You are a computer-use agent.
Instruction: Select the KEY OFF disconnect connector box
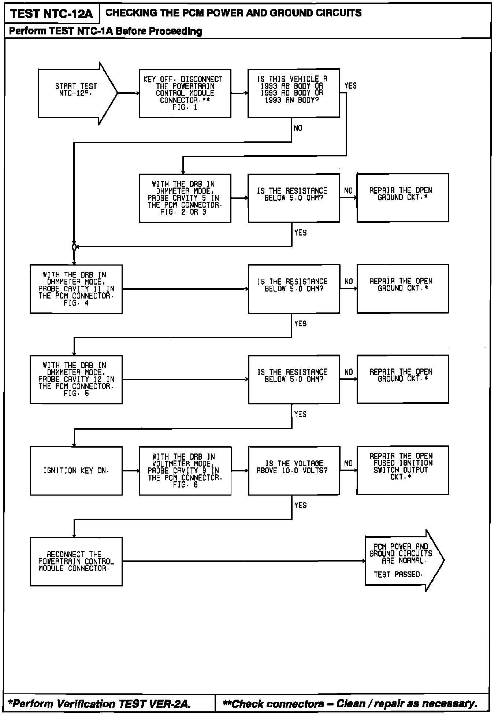tap(185, 93)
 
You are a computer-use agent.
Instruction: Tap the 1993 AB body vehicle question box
tap(294, 93)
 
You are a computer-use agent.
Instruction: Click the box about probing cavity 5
tap(185, 198)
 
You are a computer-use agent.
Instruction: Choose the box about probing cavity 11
tap(76, 289)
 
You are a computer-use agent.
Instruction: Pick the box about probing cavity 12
tap(76, 379)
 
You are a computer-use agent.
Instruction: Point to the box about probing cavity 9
tap(185, 471)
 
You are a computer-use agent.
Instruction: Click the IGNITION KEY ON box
tap(76, 471)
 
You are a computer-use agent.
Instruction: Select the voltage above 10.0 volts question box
tap(294, 470)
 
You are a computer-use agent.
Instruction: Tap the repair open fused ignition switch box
tap(402, 470)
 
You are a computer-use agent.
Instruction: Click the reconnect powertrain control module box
tap(76, 561)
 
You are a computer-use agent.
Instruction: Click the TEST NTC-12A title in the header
tap(52, 14)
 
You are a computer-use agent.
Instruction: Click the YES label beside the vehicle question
tap(350, 86)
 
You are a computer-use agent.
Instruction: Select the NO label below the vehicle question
tap(298, 128)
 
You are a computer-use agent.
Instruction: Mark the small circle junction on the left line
tap(74, 247)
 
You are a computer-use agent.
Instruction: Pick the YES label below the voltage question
tap(300, 505)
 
